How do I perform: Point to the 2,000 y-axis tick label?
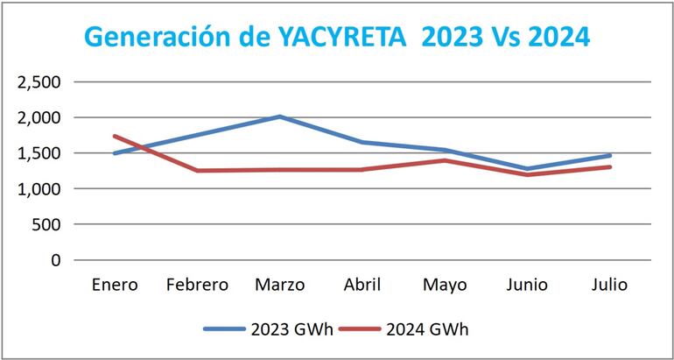tap(39, 117)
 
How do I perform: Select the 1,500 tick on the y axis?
tap(39, 153)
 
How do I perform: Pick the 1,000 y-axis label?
tap(39, 188)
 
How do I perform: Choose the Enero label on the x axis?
tap(114, 285)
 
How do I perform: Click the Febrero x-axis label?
tap(196, 285)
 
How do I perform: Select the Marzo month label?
tap(279, 285)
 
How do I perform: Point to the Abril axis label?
tap(362, 285)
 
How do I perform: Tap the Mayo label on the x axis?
tap(445, 285)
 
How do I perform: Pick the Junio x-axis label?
tap(527, 285)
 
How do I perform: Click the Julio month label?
tap(609, 285)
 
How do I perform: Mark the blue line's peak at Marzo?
tap(279, 116)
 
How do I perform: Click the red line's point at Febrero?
tap(196, 171)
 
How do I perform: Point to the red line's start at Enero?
tap(114, 136)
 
